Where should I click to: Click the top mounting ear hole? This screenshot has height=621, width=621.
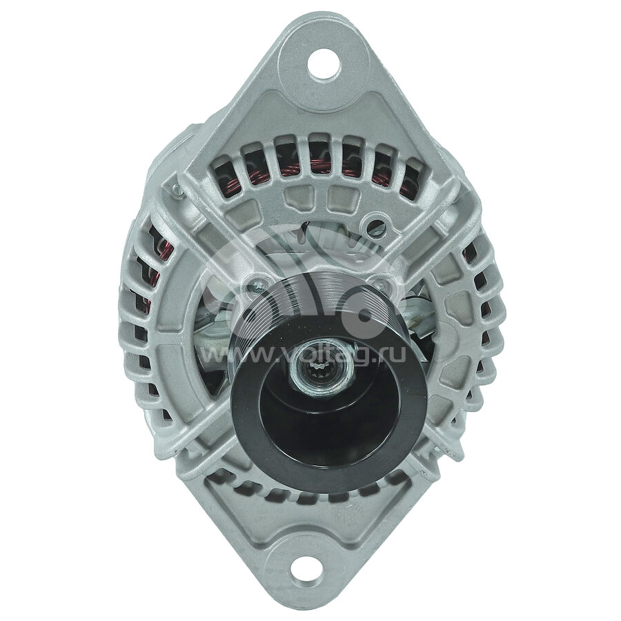click(x=324, y=66)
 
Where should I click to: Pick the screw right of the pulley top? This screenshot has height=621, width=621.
click(x=381, y=283)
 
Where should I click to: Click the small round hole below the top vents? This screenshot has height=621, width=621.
click(x=376, y=226)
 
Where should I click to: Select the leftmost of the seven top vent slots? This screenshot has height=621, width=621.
click(x=228, y=177)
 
